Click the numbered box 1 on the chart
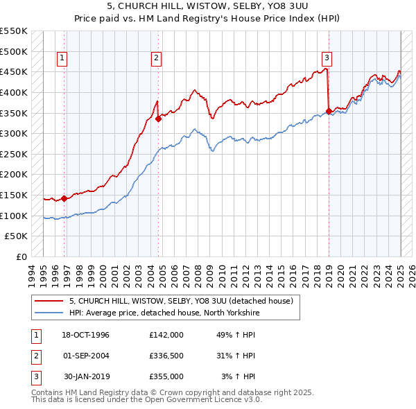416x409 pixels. coord(62,58)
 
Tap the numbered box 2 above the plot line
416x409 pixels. coord(157,58)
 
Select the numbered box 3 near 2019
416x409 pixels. coord(327,58)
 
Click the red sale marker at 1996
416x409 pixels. coord(64,198)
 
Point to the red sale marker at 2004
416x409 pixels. coord(158,119)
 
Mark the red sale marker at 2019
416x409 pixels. coord(329,111)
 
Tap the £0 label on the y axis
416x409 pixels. coord(22,256)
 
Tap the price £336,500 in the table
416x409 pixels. coord(166,356)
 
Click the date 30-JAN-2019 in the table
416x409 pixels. coord(86,376)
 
